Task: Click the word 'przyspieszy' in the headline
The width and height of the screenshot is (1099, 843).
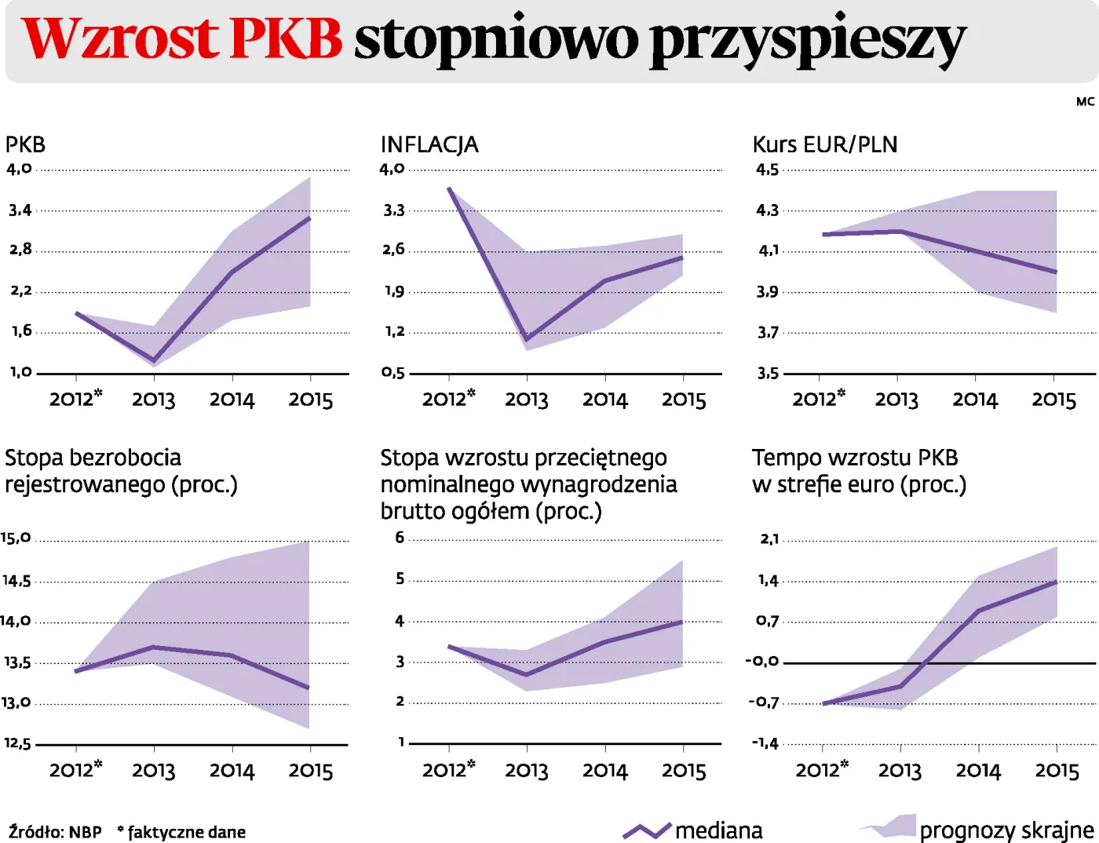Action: [x=809, y=41]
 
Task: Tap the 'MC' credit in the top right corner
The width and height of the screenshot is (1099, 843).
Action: [x=1085, y=102]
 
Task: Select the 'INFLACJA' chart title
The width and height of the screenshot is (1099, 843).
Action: [x=429, y=144]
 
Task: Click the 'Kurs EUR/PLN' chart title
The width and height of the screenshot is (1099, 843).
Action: [x=824, y=144]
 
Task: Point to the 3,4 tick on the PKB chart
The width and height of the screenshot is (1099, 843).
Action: [x=20, y=210]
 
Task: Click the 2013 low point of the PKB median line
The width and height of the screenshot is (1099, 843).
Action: [x=154, y=361]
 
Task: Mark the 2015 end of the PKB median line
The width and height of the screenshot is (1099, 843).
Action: [x=310, y=218]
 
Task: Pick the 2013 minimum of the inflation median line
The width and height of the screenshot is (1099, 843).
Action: [x=527, y=339]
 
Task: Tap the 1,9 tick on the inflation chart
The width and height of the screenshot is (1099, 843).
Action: [x=394, y=291]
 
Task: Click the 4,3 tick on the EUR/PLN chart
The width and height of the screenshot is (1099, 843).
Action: [x=767, y=210]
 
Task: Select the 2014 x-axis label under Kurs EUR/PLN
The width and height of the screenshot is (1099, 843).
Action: [x=975, y=400]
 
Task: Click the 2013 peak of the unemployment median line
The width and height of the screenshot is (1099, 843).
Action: [x=154, y=647]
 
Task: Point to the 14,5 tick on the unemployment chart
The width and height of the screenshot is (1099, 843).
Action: [x=16, y=581]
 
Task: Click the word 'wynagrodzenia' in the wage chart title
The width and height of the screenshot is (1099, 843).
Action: [x=599, y=484]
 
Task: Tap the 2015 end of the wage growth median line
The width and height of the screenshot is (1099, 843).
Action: [x=682, y=622]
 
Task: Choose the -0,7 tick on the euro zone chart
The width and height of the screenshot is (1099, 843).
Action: [x=763, y=702]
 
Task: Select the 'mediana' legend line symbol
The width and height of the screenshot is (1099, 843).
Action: [x=647, y=830]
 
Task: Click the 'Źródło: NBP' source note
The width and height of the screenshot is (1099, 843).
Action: [x=55, y=832]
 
